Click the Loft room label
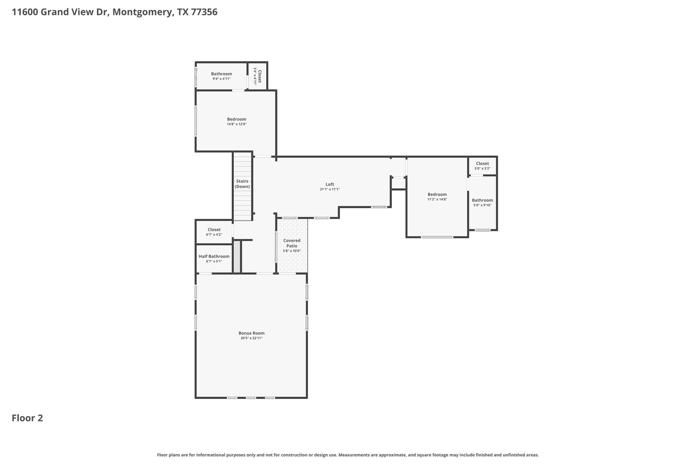click(330, 185)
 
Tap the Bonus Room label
click(251, 333)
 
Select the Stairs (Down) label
click(242, 184)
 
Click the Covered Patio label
click(292, 243)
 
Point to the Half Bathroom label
click(214, 256)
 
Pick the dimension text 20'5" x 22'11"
click(251, 338)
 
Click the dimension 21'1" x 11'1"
click(330, 189)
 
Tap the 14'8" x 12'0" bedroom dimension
click(237, 124)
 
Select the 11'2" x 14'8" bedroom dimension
click(437, 200)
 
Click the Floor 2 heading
click(28, 418)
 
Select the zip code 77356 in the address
click(204, 12)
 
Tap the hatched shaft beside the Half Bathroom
click(237, 257)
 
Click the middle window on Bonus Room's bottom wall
click(251, 398)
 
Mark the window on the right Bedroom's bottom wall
click(437, 237)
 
